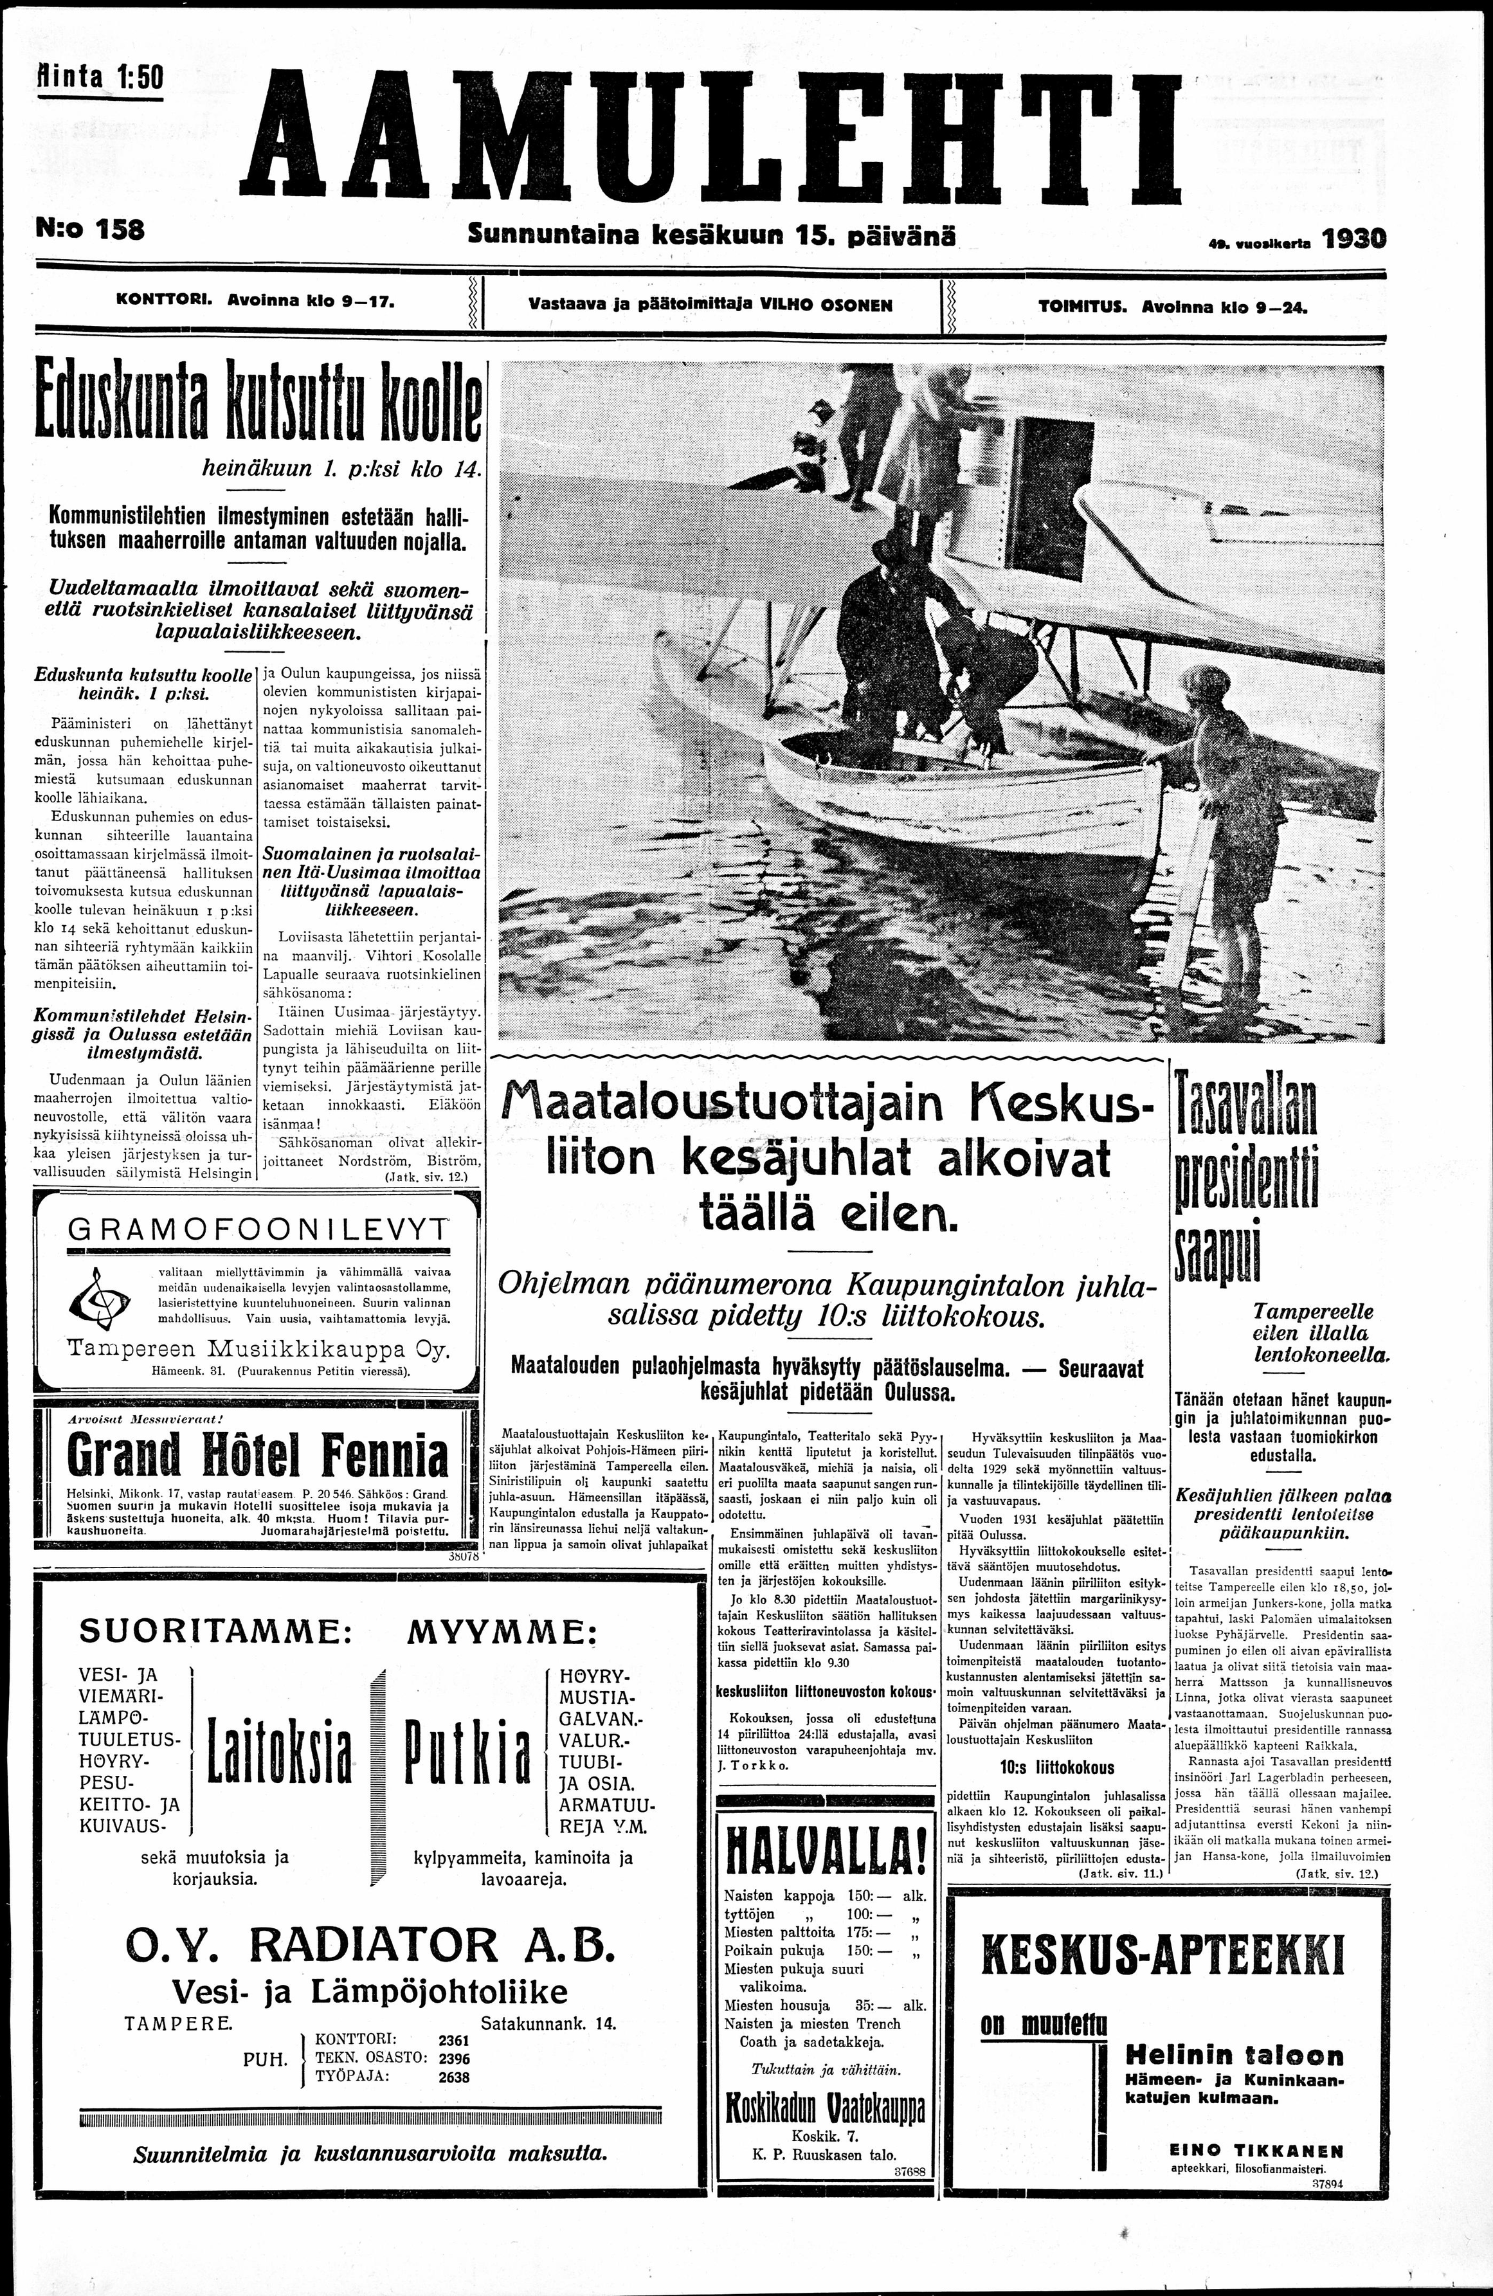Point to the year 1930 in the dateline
[1352, 239]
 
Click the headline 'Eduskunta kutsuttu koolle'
[257, 405]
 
